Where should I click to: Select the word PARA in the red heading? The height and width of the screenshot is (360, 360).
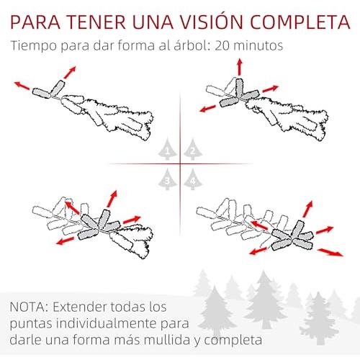click(35, 22)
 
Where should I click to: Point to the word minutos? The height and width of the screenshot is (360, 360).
click(258, 45)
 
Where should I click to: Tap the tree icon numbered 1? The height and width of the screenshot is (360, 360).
click(168, 149)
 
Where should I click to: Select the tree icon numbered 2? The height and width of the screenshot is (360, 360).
click(193, 149)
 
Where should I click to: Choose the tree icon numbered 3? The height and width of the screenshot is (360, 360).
click(168, 179)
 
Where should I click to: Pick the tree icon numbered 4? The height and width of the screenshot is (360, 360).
click(193, 179)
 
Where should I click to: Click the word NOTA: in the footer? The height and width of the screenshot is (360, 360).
click(29, 307)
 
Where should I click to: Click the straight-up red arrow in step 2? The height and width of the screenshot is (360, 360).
click(240, 67)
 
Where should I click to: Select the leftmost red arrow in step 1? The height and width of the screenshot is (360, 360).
click(22, 86)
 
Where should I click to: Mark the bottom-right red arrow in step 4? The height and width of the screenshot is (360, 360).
click(330, 253)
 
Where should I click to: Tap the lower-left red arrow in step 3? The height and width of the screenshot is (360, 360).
click(65, 241)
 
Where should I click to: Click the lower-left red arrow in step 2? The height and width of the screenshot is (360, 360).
click(208, 109)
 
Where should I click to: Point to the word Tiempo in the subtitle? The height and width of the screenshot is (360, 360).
click(34, 45)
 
